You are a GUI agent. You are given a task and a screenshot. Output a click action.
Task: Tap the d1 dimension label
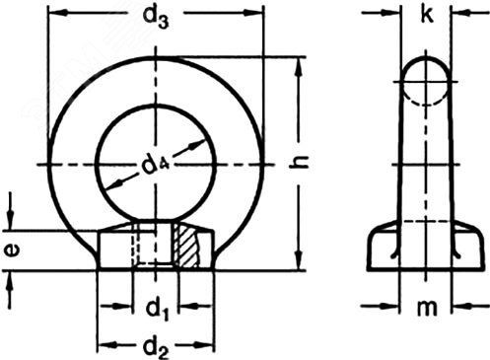pyautogui.click(x=158, y=310)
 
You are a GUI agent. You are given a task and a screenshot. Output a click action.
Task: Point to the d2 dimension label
pyautogui.click(x=157, y=348)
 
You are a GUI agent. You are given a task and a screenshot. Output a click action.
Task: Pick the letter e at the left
pyautogui.click(x=12, y=251)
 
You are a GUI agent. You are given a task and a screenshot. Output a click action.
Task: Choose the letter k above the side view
pyautogui.click(x=426, y=14)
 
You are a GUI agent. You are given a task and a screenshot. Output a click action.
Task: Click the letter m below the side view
pyautogui.click(x=427, y=308)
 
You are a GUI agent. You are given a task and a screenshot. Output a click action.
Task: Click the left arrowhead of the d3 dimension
pyautogui.click(x=57, y=13)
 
